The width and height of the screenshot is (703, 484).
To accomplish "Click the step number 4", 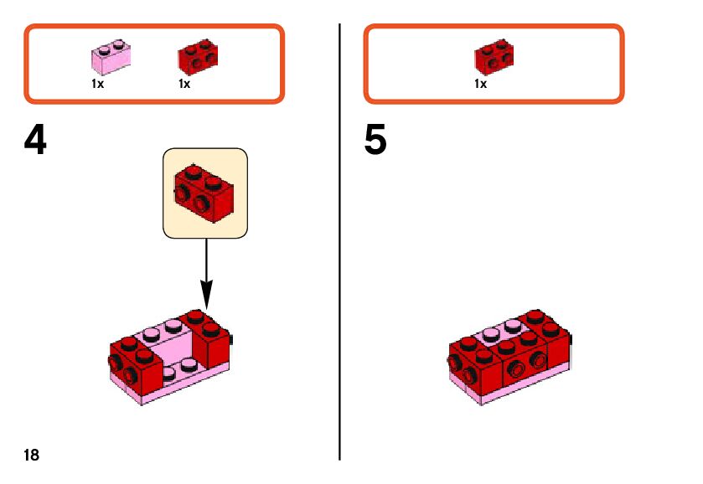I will pos(35,142).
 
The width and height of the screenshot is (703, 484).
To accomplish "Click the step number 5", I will pos(375,142).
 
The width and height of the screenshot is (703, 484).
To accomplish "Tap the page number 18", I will pos(31,456).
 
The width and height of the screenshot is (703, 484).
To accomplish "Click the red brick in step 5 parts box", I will pos(494,57).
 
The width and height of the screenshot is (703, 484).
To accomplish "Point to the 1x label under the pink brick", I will pos(97,84).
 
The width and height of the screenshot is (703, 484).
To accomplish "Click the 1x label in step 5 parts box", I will pos(480,84).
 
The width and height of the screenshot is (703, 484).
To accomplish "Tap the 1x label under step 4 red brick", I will pos(184,84).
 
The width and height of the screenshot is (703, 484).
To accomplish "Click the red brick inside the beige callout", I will pos(204,192).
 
